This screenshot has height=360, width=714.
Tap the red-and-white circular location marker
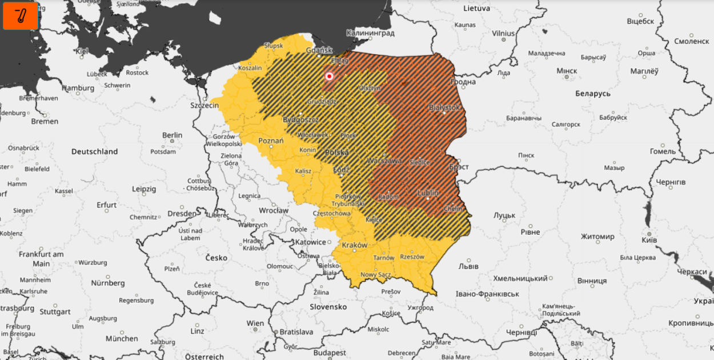point(329,76)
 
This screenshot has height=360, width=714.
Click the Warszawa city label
point(385,161)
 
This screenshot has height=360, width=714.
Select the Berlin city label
point(172,135)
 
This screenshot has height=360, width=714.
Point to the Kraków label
point(354,245)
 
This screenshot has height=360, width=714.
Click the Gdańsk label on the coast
point(319,50)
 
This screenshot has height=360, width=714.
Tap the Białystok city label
point(444,107)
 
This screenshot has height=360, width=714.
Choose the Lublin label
point(428,193)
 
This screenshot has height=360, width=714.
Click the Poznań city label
point(271,141)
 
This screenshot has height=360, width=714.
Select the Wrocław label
point(274,210)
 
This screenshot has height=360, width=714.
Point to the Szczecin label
point(205,106)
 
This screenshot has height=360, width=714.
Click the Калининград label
point(370,33)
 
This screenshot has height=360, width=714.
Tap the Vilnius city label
point(503,33)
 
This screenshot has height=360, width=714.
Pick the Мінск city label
point(567,70)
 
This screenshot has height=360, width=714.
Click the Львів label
point(468,266)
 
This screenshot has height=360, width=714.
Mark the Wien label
point(255,323)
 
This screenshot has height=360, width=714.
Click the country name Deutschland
point(94,151)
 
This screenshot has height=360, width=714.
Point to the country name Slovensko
point(330,306)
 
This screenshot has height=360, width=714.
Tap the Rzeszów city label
point(412,257)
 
